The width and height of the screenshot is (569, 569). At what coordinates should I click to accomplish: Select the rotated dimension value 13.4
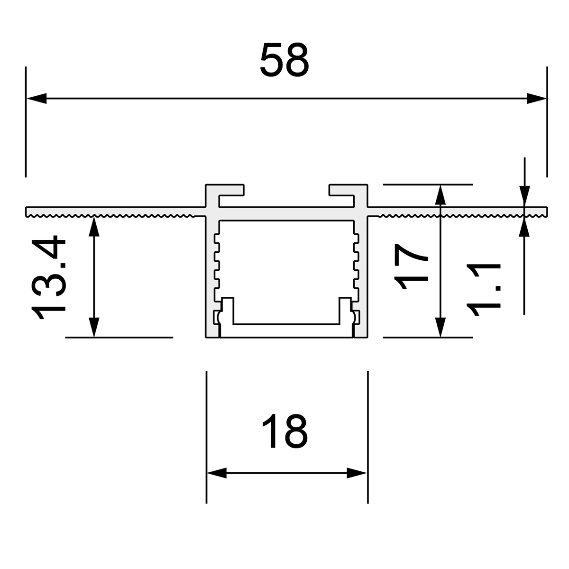tap(48, 277)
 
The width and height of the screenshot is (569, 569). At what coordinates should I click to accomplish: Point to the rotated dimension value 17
tap(411, 266)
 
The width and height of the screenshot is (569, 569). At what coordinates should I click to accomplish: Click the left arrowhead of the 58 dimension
tap(37, 98)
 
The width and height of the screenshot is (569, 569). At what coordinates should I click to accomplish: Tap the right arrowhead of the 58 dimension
tap(536, 98)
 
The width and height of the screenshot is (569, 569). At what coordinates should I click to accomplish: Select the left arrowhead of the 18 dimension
tap(217, 473)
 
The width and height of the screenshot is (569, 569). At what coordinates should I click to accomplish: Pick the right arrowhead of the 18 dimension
tap(357, 473)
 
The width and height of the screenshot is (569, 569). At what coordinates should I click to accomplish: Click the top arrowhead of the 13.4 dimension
tap(94, 227)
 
